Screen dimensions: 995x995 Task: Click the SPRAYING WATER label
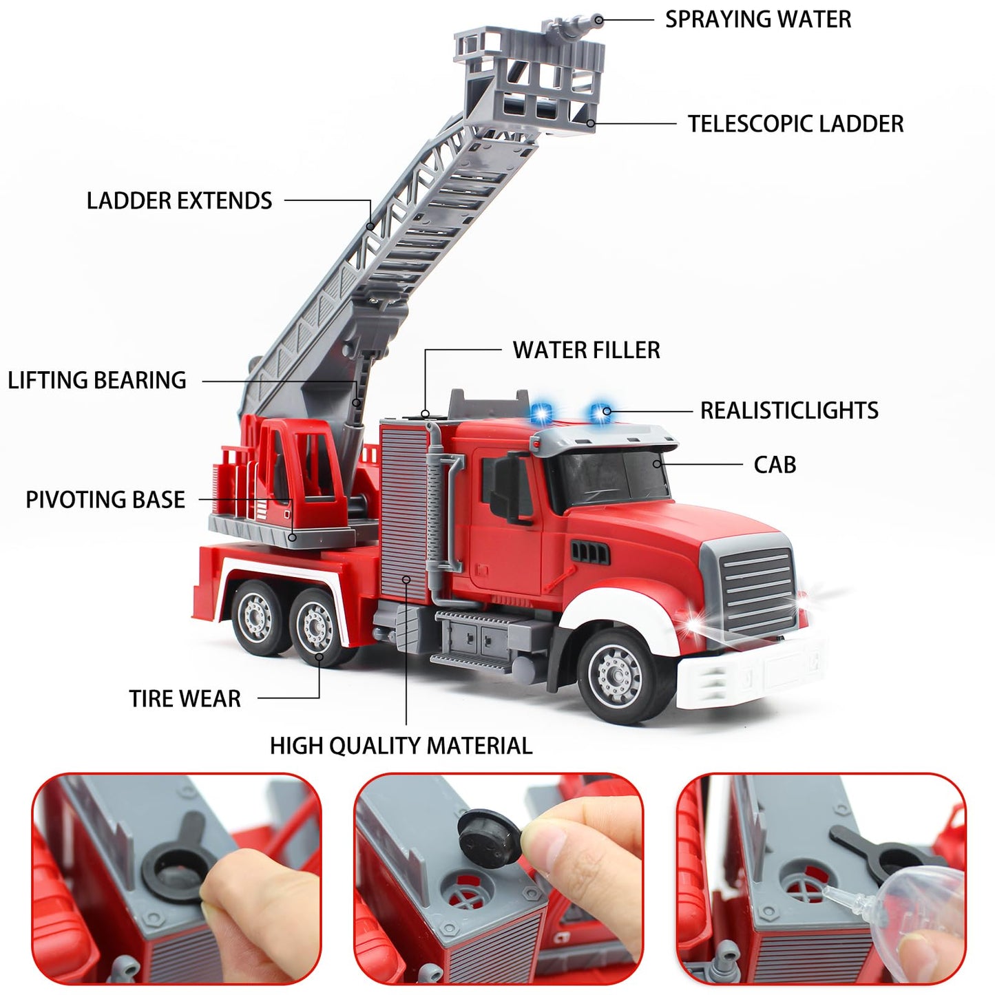[757, 19]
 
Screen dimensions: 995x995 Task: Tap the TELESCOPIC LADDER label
[795, 124]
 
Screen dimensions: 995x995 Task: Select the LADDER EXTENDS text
[179, 201]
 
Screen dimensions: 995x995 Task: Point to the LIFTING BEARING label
[97, 380]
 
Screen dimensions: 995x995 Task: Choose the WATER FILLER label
[586, 350]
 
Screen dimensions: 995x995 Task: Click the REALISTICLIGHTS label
[789, 410]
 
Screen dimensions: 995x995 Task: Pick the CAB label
[775, 465]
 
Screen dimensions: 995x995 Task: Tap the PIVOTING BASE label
[105, 500]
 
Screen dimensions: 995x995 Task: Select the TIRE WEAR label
[185, 699]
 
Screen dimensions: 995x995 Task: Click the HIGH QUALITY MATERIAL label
[401, 746]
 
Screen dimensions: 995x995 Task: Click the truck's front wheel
[618, 675]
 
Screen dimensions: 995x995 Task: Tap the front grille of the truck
[757, 592]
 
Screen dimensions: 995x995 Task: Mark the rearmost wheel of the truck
[258, 616]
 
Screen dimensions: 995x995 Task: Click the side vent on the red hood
[589, 551]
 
